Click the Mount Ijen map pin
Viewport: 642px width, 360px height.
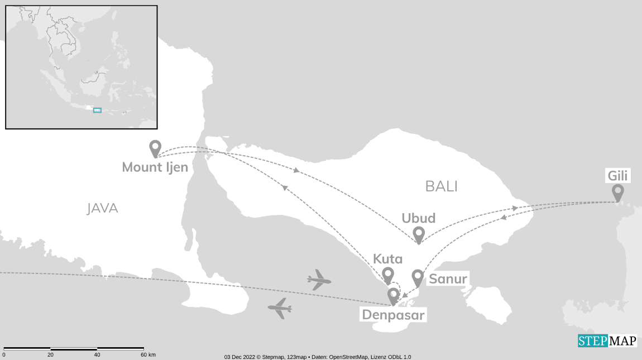pyautogui.click(x=155, y=148)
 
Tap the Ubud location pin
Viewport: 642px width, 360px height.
pyautogui.click(x=418, y=234)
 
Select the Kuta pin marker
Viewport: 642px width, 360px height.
pyautogui.click(x=387, y=275)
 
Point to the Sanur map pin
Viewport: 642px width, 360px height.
pyautogui.click(x=418, y=277)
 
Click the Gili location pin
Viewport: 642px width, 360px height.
pyautogui.click(x=617, y=193)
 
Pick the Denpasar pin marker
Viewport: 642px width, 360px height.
pyautogui.click(x=393, y=295)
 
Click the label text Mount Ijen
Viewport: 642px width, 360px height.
pyautogui.click(x=155, y=167)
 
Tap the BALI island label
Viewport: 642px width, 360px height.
pyautogui.click(x=441, y=186)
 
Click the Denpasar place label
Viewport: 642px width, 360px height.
pyautogui.click(x=394, y=315)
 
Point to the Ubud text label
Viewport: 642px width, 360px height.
pyautogui.click(x=418, y=218)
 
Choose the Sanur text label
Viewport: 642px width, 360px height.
pyautogui.click(x=448, y=279)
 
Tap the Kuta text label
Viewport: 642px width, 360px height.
pyautogui.click(x=387, y=259)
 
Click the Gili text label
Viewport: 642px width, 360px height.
pyautogui.click(x=618, y=176)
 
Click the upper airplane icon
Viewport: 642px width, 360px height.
pyautogui.click(x=319, y=279)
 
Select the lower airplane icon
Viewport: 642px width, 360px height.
pyautogui.click(x=280, y=308)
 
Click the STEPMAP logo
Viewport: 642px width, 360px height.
pyautogui.click(x=607, y=341)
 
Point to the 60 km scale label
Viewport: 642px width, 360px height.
pyautogui.click(x=148, y=355)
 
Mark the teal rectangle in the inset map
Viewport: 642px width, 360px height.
pyautogui.click(x=97, y=111)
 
